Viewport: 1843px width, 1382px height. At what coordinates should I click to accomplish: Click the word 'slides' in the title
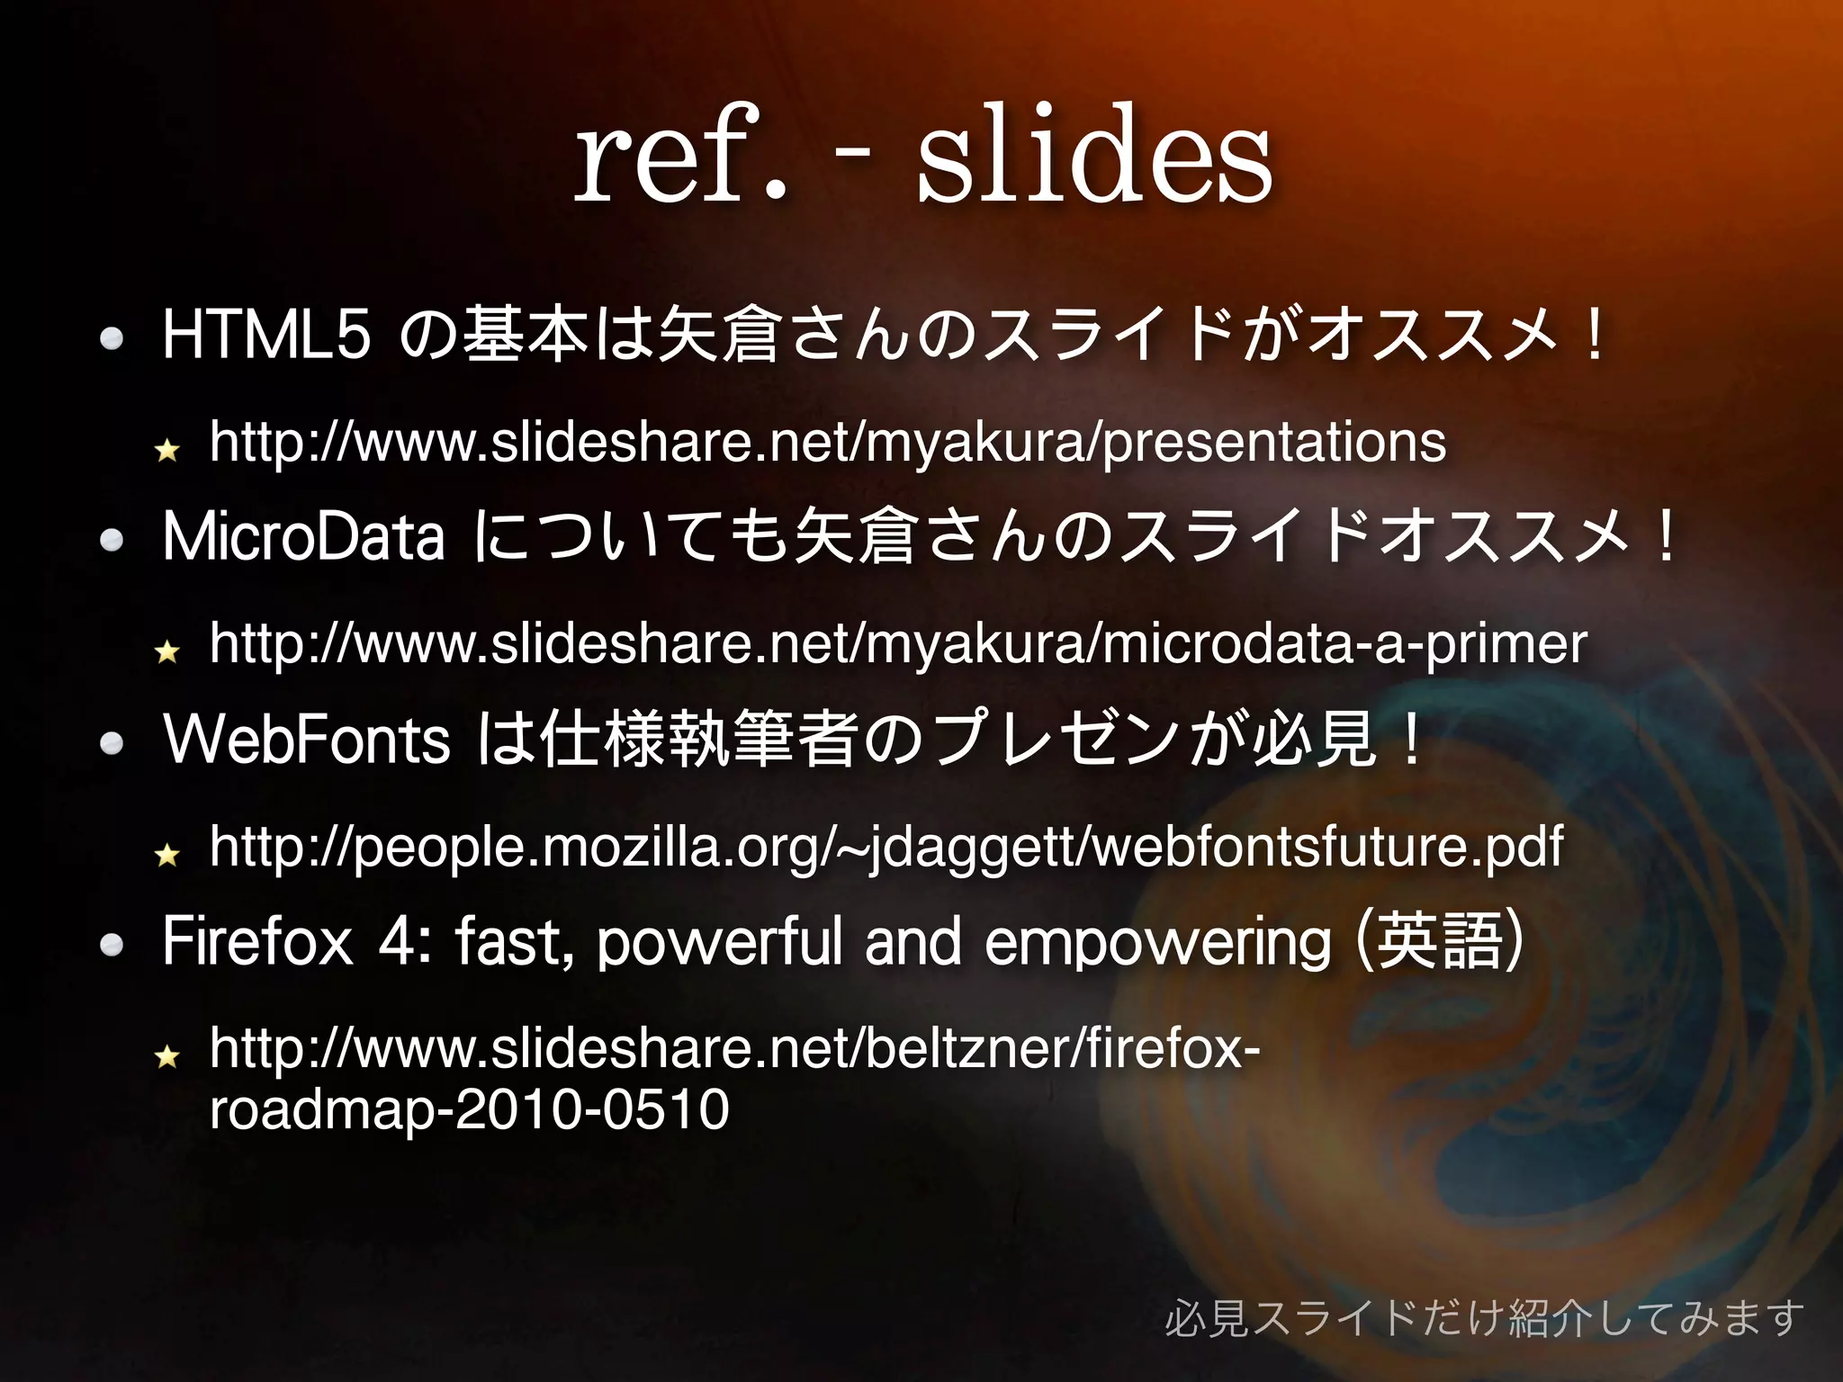1093,155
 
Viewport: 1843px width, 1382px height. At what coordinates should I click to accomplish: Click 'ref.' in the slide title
681,155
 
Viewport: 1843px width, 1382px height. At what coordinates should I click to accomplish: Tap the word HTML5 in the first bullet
266,335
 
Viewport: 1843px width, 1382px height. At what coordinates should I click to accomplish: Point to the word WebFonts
307,740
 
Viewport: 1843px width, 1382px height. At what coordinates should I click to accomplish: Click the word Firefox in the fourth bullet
258,942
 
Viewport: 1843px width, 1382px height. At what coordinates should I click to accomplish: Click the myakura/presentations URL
827,442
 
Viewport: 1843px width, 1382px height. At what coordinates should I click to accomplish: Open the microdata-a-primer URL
897,644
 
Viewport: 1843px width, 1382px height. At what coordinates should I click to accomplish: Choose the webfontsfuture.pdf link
886,847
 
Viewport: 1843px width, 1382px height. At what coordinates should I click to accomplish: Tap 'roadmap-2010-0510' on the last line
469,1108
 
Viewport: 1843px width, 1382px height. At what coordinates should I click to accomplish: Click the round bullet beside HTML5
112,338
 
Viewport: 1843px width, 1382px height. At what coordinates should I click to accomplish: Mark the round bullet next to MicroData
112,540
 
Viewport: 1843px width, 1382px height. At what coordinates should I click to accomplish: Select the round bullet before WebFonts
112,743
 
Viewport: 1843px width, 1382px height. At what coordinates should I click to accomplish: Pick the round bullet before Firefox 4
112,945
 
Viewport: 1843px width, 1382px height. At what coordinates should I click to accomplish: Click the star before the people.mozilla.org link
167,854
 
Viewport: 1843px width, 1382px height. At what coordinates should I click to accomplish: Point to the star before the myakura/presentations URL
167,449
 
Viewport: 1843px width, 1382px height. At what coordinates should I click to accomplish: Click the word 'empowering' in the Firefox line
1157,942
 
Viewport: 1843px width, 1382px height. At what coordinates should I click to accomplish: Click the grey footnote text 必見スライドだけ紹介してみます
1484,1318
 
